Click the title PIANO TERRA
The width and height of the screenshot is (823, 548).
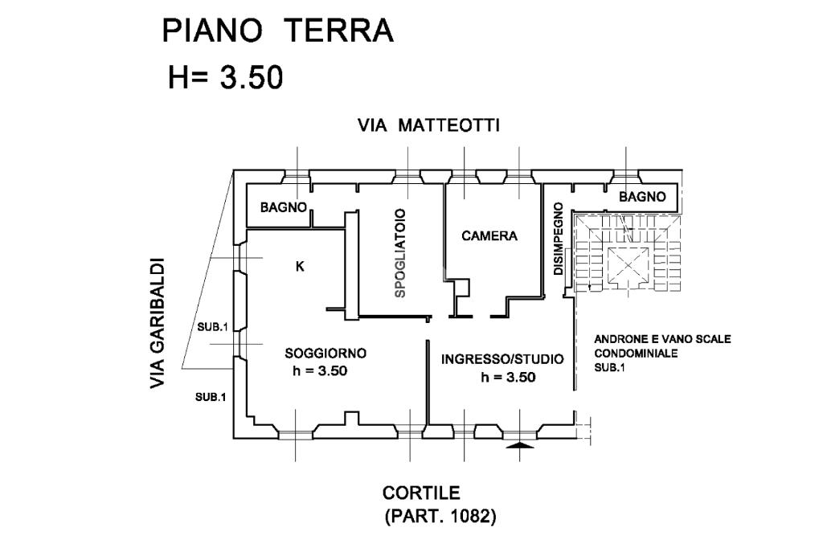[x=277, y=31]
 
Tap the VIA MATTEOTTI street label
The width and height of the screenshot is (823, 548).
[x=429, y=125]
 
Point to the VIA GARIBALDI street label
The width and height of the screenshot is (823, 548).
[x=158, y=324]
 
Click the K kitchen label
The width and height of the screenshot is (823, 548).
[x=300, y=268]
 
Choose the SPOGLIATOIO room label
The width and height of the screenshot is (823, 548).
[x=399, y=254]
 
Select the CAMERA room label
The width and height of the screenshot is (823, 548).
[x=489, y=236]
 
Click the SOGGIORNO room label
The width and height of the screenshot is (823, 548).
[x=326, y=353]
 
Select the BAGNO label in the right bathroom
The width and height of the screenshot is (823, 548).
[x=642, y=196]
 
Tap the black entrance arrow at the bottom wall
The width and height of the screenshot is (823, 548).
[x=521, y=444]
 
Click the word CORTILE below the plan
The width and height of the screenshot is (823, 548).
[x=421, y=493]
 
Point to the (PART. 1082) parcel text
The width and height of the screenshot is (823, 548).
[x=440, y=516]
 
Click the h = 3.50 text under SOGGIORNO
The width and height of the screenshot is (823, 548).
[x=320, y=371]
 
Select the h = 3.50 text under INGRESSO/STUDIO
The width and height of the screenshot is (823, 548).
[x=508, y=377]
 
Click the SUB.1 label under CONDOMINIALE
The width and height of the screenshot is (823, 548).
[x=608, y=367]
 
